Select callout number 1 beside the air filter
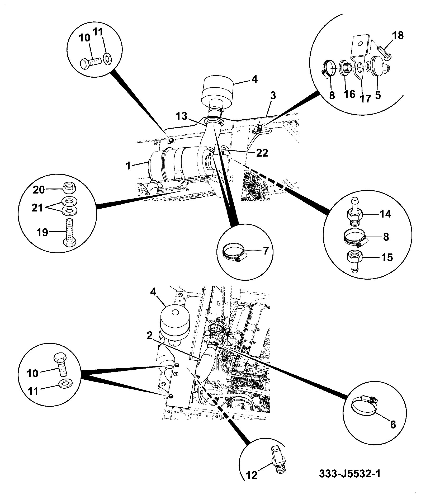point(128,166)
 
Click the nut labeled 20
point(69,188)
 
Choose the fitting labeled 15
point(354,262)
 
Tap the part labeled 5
point(377,67)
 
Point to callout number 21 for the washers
point(37,208)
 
